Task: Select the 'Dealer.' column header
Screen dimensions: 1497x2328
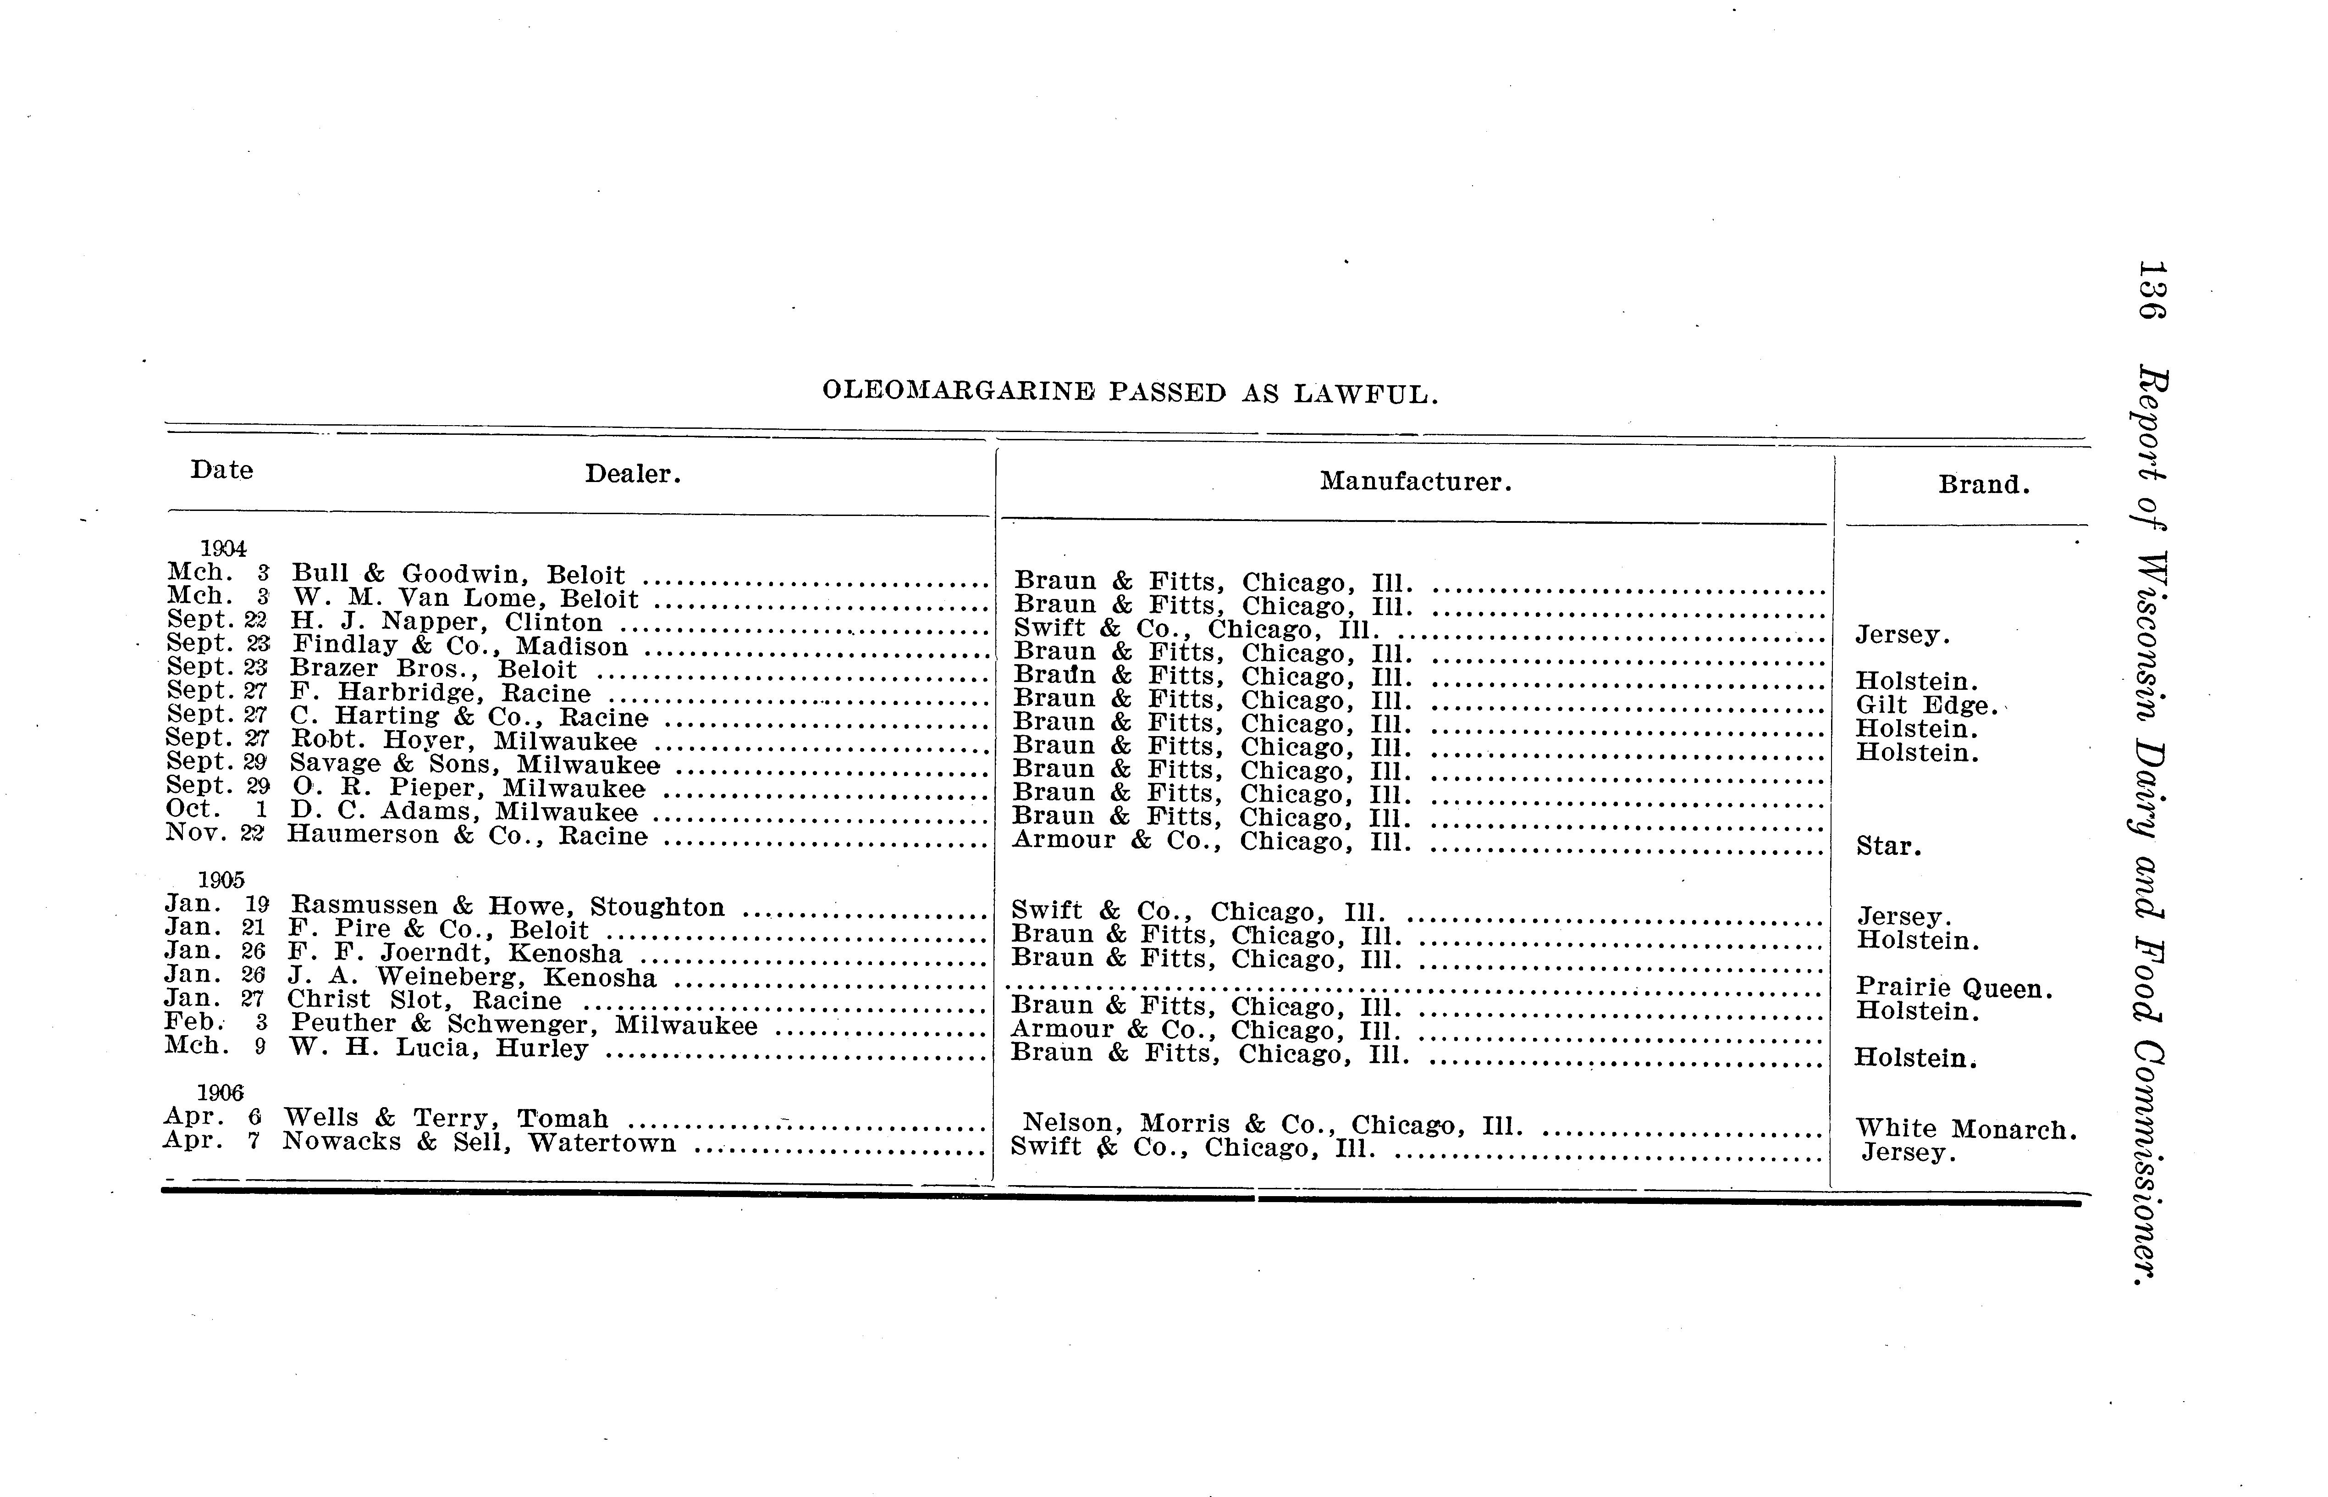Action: tap(633, 474)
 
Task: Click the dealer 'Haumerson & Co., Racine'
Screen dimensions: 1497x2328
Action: tap(467, 836)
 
